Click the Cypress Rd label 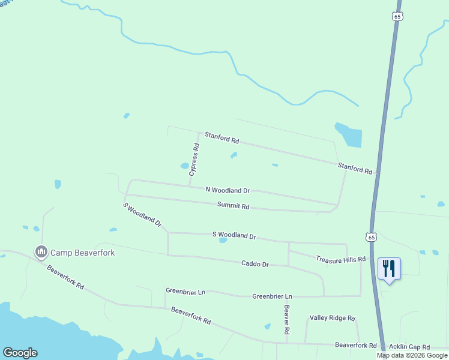tap(194, 159)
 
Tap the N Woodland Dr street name tap(227, 190)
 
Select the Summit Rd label tap(233, 206)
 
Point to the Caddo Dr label tap(255, 263)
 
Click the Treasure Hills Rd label tap(340, 259)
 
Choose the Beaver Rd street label tap(287, 320)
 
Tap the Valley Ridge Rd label tap(333, 318)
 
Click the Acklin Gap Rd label tap(409, 347)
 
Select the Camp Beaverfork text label tap(82, 253)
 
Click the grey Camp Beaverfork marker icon tap(41, 251)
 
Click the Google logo tap(20, 353)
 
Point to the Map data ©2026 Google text tap(412, 355)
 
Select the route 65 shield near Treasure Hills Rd tap(372, 236)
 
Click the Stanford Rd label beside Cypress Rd tap(221, 137)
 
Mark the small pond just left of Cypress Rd tap(185, 166)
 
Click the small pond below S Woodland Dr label tap(223, 241)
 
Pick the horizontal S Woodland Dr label tap(234, 236)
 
